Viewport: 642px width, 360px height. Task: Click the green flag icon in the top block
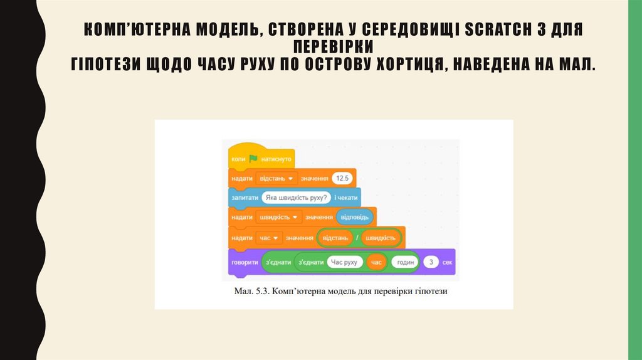253,159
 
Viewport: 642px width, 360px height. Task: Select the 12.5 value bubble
342,178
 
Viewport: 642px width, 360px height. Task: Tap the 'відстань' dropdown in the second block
276,178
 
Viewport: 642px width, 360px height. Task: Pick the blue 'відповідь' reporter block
355,217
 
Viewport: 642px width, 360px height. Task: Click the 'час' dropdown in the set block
268,238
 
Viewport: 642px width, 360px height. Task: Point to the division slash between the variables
357,238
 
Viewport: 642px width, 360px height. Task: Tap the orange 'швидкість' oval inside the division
381,238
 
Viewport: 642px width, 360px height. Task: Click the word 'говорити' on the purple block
244,262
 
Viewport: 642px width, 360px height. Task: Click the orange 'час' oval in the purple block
376,262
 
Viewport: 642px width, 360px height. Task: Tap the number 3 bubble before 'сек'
431,262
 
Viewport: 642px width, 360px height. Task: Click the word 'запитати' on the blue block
244,198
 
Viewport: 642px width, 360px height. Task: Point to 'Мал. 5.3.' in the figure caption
250,292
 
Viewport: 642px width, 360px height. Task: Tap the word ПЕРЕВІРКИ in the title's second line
333,47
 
